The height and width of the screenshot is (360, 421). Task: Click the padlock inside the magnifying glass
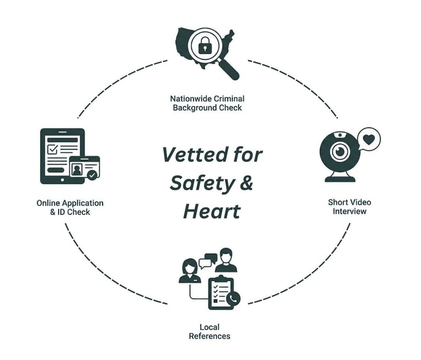coord(205,46)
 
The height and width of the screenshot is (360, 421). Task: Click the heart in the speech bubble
coord(369,139)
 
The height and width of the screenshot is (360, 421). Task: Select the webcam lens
coord(340,150)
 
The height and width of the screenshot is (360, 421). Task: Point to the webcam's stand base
coord(340,178)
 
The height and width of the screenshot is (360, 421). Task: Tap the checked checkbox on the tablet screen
coord(52,149)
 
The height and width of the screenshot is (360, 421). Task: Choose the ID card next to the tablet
coord(84,168)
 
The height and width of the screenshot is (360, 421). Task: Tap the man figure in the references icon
coord(225,261)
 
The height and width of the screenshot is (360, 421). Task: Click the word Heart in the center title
coord(212,211)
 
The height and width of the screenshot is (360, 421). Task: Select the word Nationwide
coord(189,99)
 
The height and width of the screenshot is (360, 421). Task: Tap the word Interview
coord(349,211)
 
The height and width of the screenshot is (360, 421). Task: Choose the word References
coord(209,336)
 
